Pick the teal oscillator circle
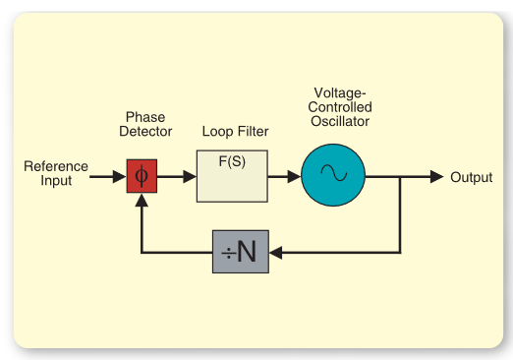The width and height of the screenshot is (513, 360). tap(332, 176)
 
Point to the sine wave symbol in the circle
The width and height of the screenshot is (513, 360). tap(332, 176)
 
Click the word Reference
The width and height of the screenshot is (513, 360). tap(56, 166)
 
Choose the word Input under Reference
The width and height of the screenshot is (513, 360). tap(56, 181)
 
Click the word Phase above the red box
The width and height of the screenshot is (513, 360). tap(144, 116)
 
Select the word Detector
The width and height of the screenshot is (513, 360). tap(144, 131)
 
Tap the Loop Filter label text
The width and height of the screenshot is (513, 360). tap(235, 131)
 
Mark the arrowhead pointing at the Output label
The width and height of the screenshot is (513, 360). tap(436, 177)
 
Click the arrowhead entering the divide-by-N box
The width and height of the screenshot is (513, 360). tap(276, 253)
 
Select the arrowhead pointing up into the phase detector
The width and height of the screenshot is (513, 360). tap(142, 201)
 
